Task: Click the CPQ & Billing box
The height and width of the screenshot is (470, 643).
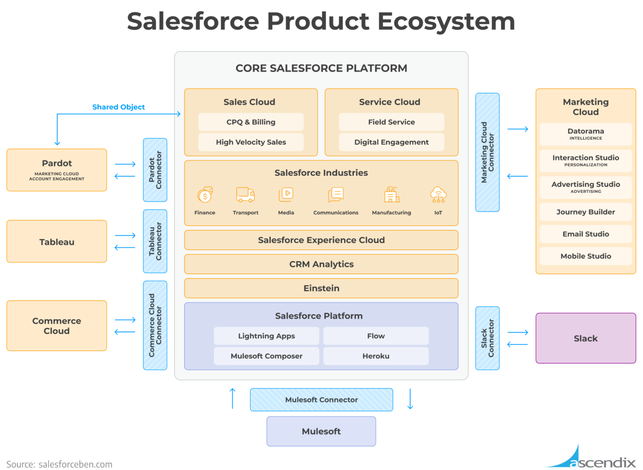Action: pos(251,122)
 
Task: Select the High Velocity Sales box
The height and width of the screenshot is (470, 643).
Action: pos(251,142)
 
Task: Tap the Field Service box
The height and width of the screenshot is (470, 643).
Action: pos(391,122)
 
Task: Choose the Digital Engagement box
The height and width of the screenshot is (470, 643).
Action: pos(391,142)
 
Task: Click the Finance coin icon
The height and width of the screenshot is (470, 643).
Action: pos(205,195)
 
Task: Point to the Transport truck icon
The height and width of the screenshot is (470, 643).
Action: pos(245,195)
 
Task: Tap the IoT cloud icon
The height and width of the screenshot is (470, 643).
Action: pos(438,195)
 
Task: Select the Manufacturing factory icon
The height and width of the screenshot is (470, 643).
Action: pos(392,195)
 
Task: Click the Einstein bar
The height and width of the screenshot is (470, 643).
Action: pos(321,288)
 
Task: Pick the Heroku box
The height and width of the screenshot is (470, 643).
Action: pos(376,356)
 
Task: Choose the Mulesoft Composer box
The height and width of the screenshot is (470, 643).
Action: pos(266,356)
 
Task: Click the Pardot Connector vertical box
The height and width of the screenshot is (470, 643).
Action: pos(155,170)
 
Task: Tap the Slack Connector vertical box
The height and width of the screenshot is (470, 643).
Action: pos(487,338)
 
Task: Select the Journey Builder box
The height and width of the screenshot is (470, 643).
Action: pos(586,212)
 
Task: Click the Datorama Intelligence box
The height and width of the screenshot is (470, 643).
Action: pos(586,134)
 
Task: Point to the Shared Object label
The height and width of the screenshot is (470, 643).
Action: pos(118,107)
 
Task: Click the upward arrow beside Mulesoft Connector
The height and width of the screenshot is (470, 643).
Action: pos(232,398)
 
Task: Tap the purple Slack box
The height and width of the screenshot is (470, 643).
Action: pos(586,338)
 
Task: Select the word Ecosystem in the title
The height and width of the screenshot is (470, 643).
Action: pos(446,22)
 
